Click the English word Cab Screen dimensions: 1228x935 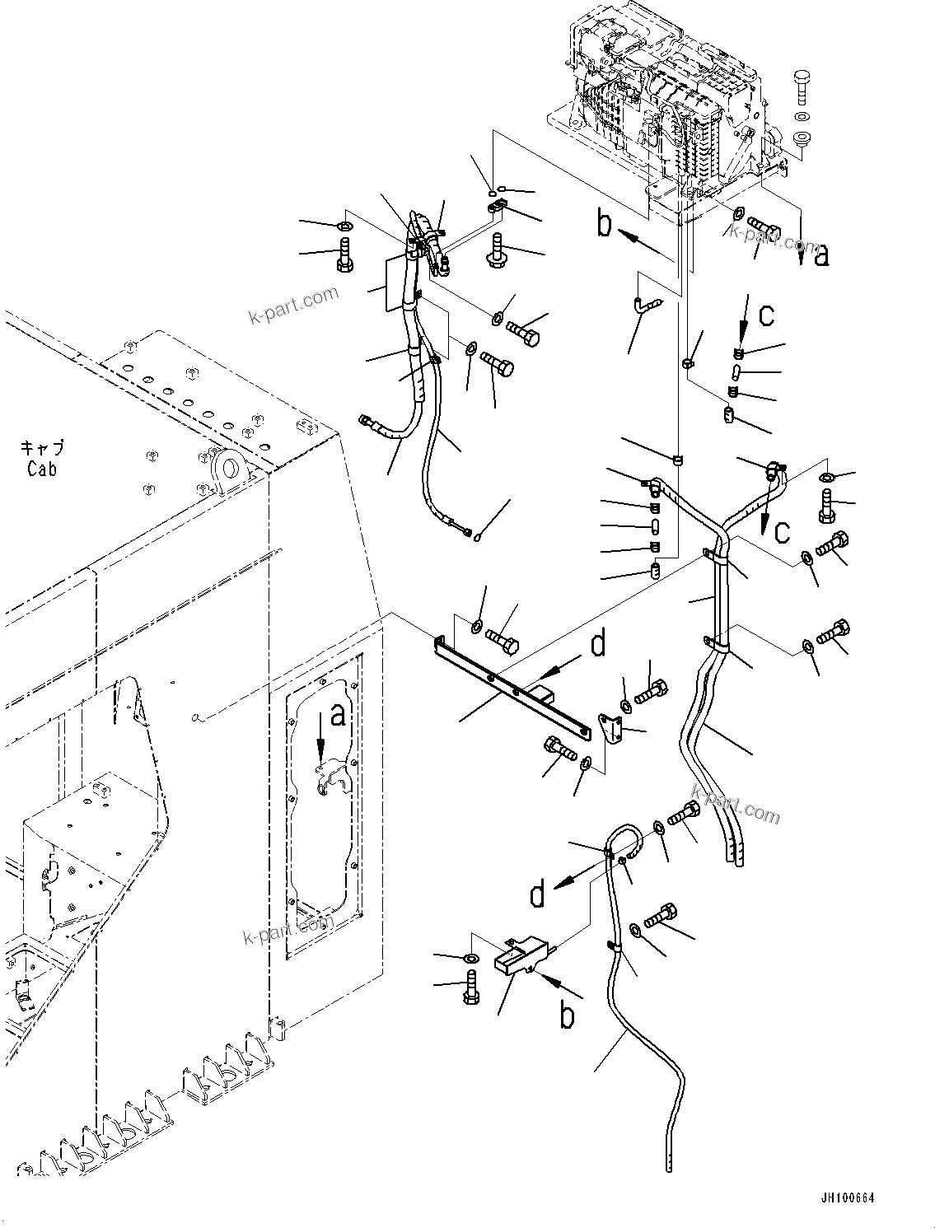(x=42, y=469)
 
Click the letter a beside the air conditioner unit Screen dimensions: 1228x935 (x=820, y=256)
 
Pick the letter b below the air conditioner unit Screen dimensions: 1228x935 (x=605, y=224)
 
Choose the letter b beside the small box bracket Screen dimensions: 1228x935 (x=567, y=1015)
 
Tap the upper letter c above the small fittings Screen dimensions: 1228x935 (x=766, y=315)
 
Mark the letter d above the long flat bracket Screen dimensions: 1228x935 (x=598, y=643)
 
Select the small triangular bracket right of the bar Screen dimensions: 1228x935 (x=610, y=729)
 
